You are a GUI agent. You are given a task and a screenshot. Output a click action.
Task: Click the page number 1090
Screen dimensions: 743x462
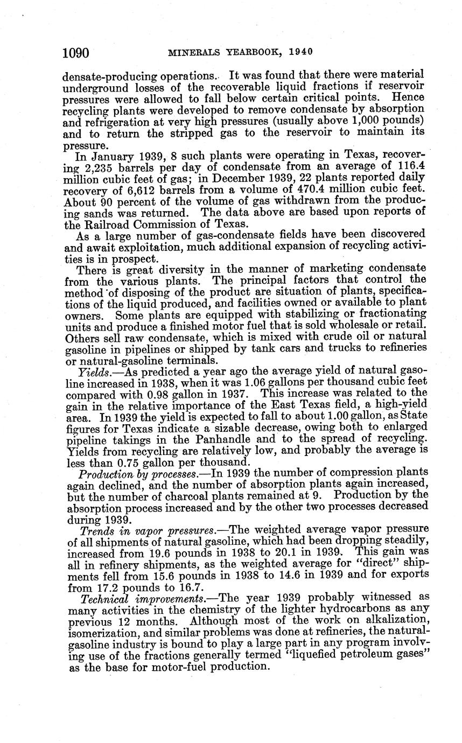click(x=75, y=53)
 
